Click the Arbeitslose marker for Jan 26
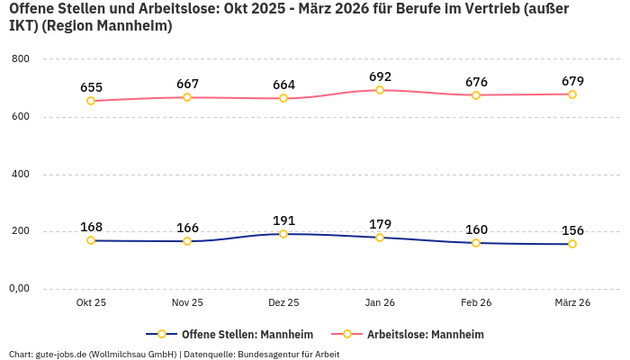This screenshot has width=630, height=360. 380,90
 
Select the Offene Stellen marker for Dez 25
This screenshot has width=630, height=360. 283,234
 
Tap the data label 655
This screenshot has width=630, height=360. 91,87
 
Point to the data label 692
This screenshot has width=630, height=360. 380,76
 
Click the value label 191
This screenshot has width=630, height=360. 283,220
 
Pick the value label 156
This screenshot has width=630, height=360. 572,230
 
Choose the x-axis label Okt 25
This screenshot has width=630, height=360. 91,303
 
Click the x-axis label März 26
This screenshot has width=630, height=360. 572,303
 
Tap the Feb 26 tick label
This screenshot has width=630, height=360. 476,303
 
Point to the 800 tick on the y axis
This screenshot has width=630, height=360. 20,59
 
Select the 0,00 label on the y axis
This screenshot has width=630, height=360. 18,289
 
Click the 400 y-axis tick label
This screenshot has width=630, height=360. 20,174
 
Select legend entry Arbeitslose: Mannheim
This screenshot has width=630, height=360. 425,335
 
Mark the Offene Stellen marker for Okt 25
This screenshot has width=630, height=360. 91,240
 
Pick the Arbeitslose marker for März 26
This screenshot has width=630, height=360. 572,94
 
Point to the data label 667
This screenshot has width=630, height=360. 187,84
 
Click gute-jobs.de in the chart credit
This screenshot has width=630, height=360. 61,354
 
